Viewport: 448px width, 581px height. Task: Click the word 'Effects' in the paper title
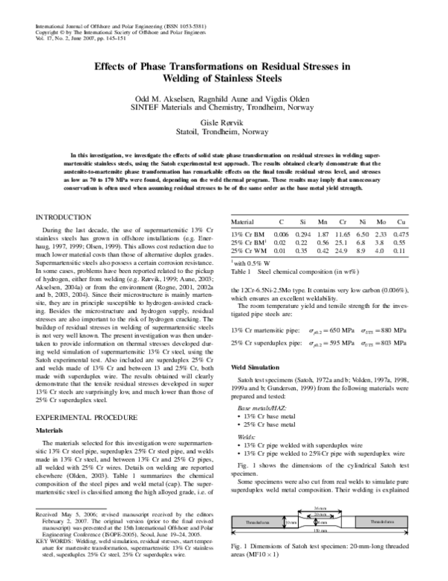point(112,66)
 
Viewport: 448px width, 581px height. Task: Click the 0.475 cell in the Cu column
point(400,234)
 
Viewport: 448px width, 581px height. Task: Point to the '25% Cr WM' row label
point(249,251)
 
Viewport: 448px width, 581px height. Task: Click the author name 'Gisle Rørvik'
point(223,121)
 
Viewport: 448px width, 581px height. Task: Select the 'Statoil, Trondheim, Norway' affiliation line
point(223,131)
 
